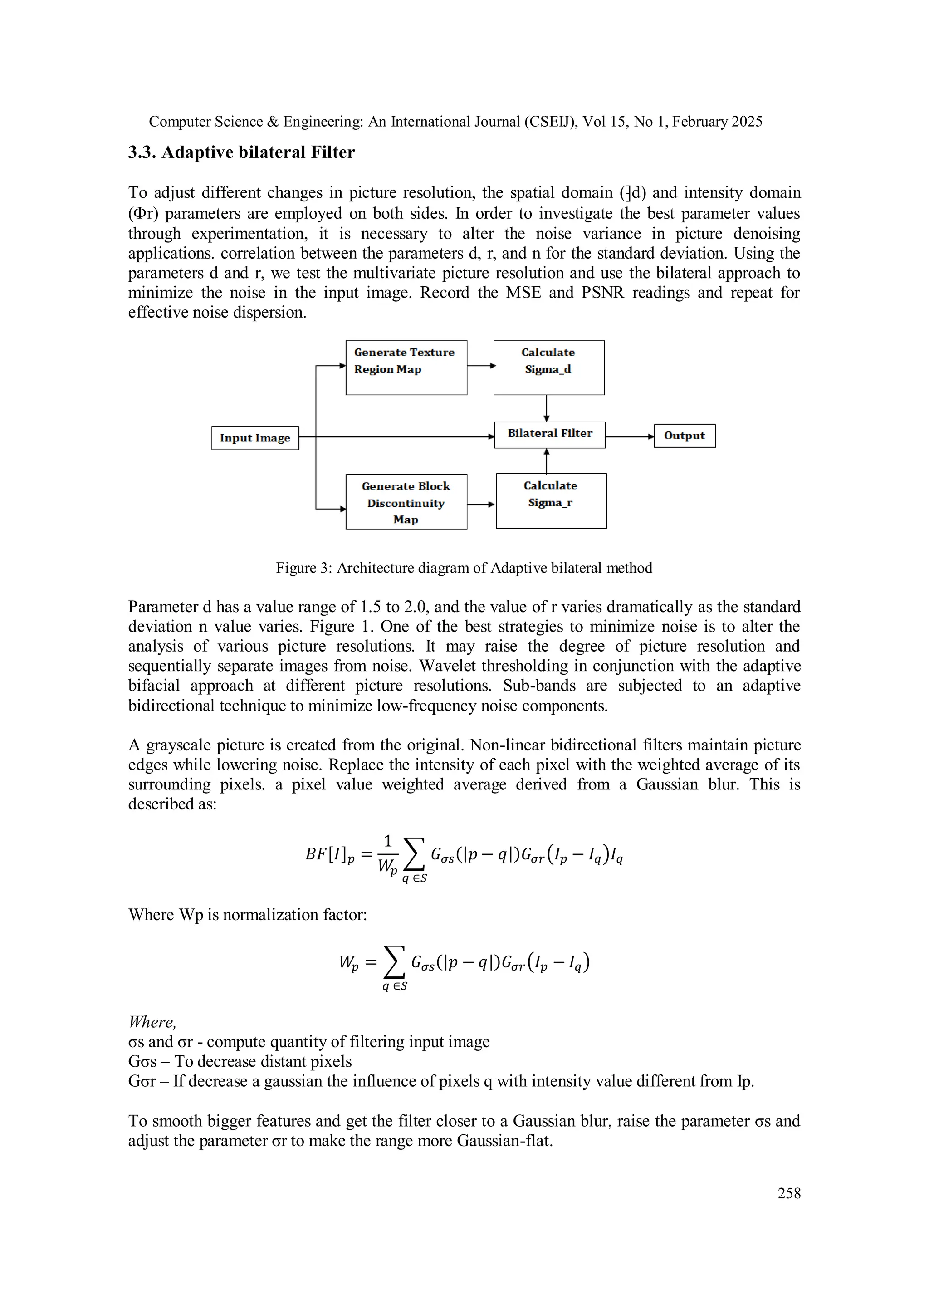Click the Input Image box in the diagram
(x=255, y=438)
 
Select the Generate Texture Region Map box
(x=406, y=368)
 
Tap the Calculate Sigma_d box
(x=548, y=368)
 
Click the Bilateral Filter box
(x=549, y=434)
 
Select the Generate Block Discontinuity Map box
(x=406, y=501)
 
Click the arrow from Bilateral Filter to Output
(x=629, y=436)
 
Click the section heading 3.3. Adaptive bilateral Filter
(x=241, y=152)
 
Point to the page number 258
(x=789, y=1193)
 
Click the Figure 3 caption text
(x=464, y=568)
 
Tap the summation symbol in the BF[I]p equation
(x=414, y=854)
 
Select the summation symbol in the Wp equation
(x=394, y=961)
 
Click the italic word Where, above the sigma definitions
(x=152, y=1021)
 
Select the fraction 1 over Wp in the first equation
(x=387, y=854)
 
